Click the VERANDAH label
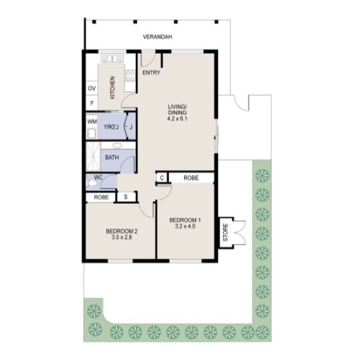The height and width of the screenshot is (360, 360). (157, 37)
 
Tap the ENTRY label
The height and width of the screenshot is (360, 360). (151, 72)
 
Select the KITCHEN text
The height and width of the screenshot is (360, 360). (112, 87)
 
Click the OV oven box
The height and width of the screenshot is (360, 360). (91, 88)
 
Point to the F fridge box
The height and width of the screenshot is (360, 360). (92, 103)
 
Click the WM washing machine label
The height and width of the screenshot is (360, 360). (92, 122)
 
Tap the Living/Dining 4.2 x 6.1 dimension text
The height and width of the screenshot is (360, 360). (177, 119)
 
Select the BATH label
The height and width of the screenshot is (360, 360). (112, 157)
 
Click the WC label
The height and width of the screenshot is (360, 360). (98, 177)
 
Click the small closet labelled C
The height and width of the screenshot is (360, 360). (162, 178)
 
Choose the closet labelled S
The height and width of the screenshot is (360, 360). (126, 197)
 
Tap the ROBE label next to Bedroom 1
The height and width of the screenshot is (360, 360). (191, 178)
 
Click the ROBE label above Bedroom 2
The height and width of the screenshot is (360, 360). (101, 198)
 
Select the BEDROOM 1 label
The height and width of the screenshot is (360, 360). (185, 220)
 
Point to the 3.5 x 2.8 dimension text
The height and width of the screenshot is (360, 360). (122, 238)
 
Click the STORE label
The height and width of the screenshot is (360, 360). (226, 233)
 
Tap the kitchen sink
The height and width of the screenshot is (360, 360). (112, 58)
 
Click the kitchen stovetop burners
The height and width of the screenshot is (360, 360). (130, 75)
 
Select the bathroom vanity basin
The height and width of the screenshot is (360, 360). (117, 146)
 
